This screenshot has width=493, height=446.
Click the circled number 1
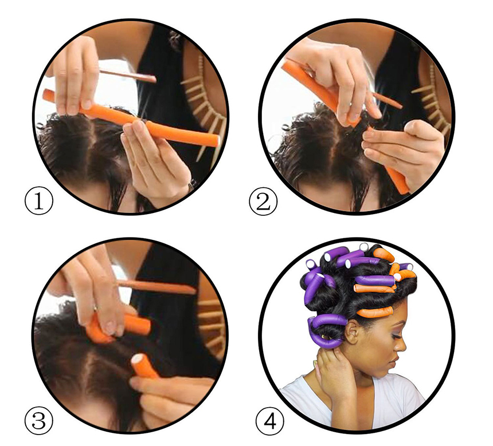[38, 201]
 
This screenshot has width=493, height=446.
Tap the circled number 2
[263, 202]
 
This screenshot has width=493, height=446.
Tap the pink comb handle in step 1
[127, 75]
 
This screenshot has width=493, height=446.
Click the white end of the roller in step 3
[139, 359]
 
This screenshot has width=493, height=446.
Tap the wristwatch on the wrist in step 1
[191, 185]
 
